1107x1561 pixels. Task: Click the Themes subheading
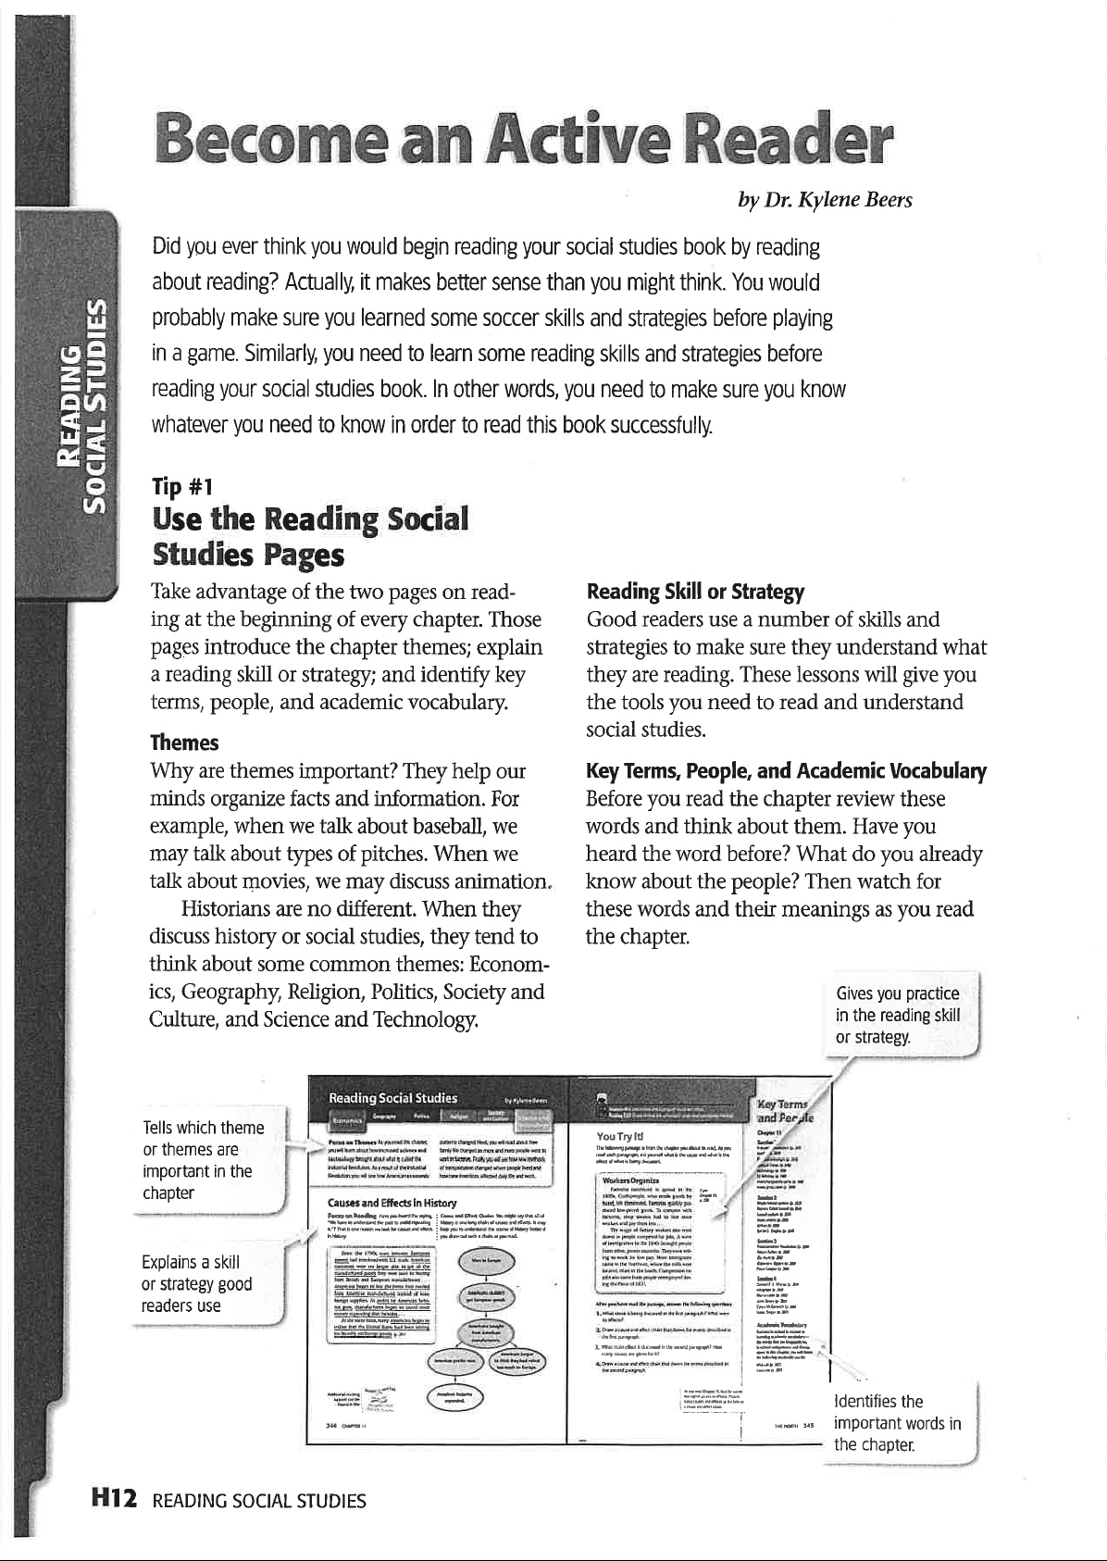click(x=184, y=743)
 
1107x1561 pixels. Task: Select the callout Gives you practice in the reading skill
click(x=897, y=1015)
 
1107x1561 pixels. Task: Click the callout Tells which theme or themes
click(x=203, y=1159)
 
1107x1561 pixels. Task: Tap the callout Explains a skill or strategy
click(x=196, y=1283)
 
